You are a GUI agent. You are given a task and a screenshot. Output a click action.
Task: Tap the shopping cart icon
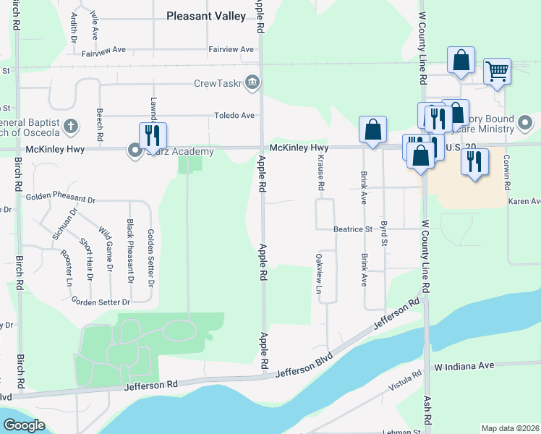497,72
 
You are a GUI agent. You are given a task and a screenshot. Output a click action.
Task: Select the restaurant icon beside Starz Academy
153,135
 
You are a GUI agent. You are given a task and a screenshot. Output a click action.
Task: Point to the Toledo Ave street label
233,116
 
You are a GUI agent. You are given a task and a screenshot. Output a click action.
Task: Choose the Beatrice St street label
352,229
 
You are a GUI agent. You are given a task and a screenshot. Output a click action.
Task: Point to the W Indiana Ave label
464,366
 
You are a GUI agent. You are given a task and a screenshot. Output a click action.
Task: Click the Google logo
23,425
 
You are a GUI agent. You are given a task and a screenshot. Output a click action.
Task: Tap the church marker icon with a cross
70,125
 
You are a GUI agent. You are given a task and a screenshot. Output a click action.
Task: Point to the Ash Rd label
427,409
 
